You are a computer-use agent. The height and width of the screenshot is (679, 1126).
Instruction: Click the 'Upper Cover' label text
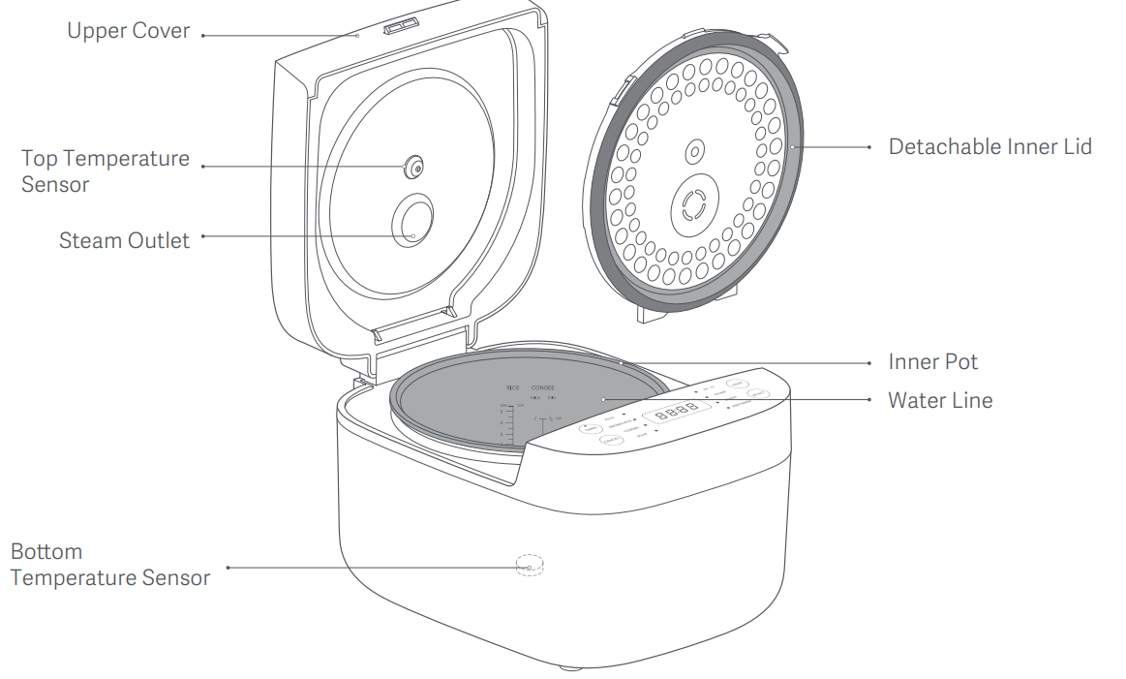click(129, 31)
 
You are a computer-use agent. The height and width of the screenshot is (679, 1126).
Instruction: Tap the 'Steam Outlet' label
click(124, 240)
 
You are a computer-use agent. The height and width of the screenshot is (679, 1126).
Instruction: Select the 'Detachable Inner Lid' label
click(990, 147)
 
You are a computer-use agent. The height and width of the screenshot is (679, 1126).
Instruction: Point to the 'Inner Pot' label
click(933, 362)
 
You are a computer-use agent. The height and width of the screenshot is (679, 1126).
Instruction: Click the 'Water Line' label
click(940, 400)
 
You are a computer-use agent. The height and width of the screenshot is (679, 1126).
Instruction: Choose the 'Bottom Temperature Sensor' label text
click(110, 565)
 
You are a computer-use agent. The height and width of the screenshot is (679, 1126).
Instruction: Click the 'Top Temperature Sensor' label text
click(106, 171)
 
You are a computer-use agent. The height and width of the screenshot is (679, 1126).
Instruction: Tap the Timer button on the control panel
click(590, 428)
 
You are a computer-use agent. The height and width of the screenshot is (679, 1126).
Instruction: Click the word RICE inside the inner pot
click(513, 387)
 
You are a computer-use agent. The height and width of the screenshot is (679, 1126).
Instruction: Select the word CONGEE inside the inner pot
click(542, 387)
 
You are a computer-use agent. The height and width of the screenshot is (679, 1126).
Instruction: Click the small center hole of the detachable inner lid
click(693, 152)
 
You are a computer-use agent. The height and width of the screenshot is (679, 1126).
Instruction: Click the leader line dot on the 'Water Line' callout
click(602, 399)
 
